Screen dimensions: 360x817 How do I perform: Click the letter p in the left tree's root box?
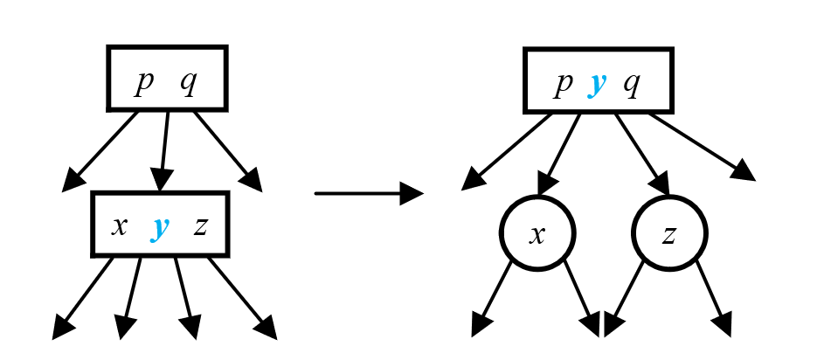[x=144, y=83]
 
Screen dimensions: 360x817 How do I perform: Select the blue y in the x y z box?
[x=160, y=227]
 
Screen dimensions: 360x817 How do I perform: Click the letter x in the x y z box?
[x=120, y=226]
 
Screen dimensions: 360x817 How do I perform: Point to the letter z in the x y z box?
[x=200, y=226]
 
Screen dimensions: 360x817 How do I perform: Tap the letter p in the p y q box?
[x=564, y=84]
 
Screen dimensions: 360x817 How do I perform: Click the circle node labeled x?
[x=537, y=233]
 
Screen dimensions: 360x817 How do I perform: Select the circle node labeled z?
[x=669, y=233]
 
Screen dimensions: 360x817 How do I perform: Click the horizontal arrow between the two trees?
[x=367, y=193]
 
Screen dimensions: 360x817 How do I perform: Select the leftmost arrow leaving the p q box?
[x=100, y=150]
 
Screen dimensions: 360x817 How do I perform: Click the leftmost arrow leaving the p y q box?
[x=507, y=150]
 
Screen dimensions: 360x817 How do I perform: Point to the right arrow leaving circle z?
[x=713, y=297]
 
